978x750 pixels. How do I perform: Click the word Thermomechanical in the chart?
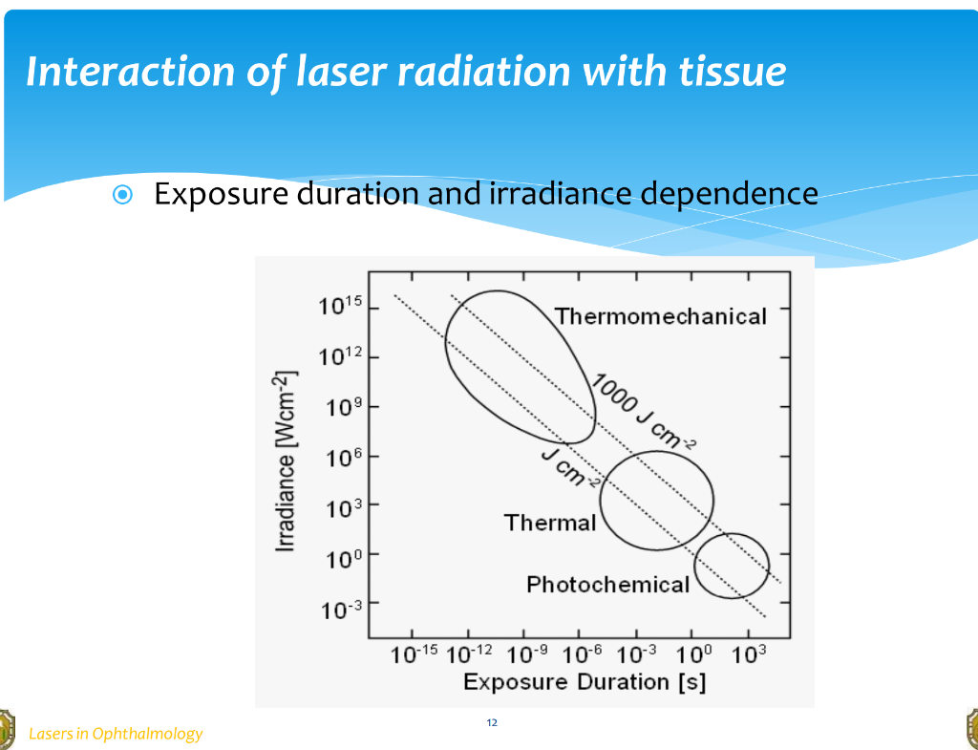[x=660, y=316]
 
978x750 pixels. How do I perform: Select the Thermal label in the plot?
[x=549, y=523]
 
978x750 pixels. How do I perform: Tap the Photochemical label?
[x=607, y=584]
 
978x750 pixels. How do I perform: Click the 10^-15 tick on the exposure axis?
[x=414, y=654]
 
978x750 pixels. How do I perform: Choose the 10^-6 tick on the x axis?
[x=581, y=654]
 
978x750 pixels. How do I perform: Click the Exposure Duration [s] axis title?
[x=585, y=682]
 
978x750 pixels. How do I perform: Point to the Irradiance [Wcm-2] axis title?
[x=286, y=464]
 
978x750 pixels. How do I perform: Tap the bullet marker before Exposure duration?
[x=122, y=195]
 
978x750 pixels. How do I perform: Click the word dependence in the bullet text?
[x=729, y=194]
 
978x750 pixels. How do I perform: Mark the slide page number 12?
[x=492, y=722]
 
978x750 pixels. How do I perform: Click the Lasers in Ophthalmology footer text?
[x=116, y=734]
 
